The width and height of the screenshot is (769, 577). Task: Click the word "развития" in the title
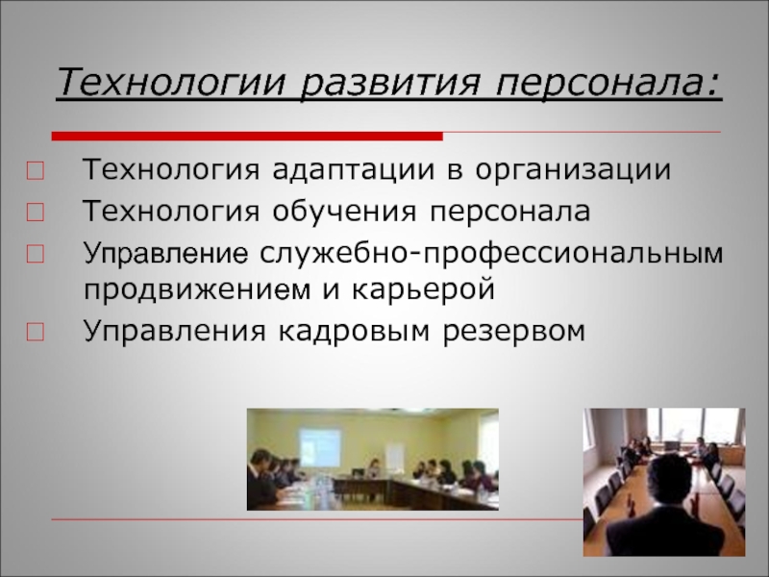[389, 82]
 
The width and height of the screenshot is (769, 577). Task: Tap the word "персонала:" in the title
[609, 82]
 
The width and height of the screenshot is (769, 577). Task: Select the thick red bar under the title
[247, 136]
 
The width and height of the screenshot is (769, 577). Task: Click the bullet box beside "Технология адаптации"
[35, 171]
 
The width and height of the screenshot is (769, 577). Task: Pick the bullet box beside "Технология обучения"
[35, 213]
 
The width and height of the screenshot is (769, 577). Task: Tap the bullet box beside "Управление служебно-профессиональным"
[35, 254]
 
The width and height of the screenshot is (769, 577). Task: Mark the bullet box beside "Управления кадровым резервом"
[35, 333]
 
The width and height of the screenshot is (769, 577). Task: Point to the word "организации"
[573, 171]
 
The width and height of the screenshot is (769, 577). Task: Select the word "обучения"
[345, 212]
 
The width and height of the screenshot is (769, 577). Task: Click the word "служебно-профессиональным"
[491, 254]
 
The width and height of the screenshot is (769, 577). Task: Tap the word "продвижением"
[197, 290]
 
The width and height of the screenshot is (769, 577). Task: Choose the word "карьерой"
[423, 290]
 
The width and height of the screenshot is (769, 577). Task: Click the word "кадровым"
[354, 331]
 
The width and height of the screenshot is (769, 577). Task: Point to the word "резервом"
[514, 332]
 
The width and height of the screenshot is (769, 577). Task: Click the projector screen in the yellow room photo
[320, 448]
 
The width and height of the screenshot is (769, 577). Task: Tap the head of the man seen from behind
[669, 482]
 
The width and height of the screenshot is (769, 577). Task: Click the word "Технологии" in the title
[171, 82]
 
